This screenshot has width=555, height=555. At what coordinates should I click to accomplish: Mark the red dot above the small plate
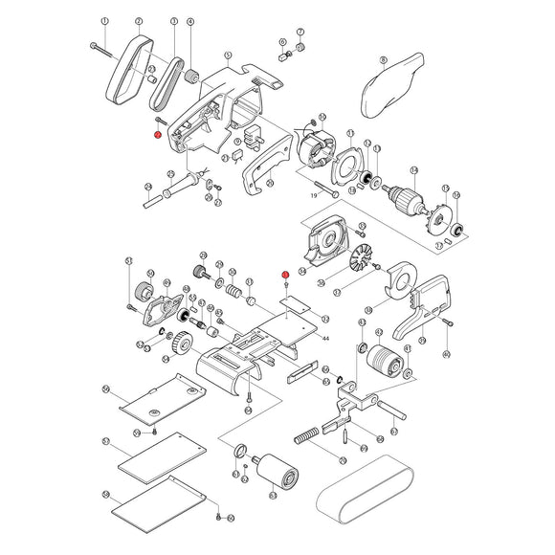tap(285, 276)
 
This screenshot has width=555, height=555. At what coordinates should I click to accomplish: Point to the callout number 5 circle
tap(227, 55)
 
